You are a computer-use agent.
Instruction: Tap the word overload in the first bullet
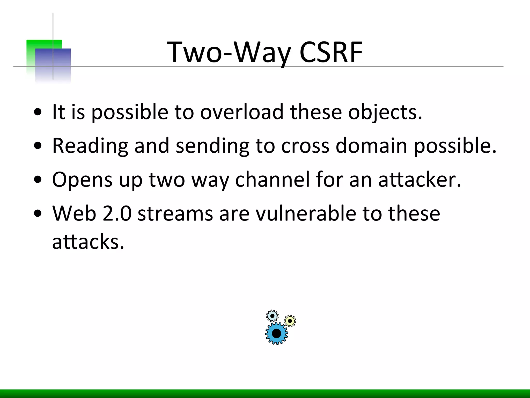pos(242,112)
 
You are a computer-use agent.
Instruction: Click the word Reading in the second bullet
pos(90,146)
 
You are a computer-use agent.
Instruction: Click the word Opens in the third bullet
pos(82,180)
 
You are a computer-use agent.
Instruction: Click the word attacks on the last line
pos(88,241)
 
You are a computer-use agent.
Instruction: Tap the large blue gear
pos(276,333)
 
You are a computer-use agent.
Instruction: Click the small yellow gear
pos(290,321)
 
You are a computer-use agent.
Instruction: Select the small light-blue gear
pos(272,316)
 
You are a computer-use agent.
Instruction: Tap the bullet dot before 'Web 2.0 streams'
pos(38,214)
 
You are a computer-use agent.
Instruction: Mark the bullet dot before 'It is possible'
pos(38,112)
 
